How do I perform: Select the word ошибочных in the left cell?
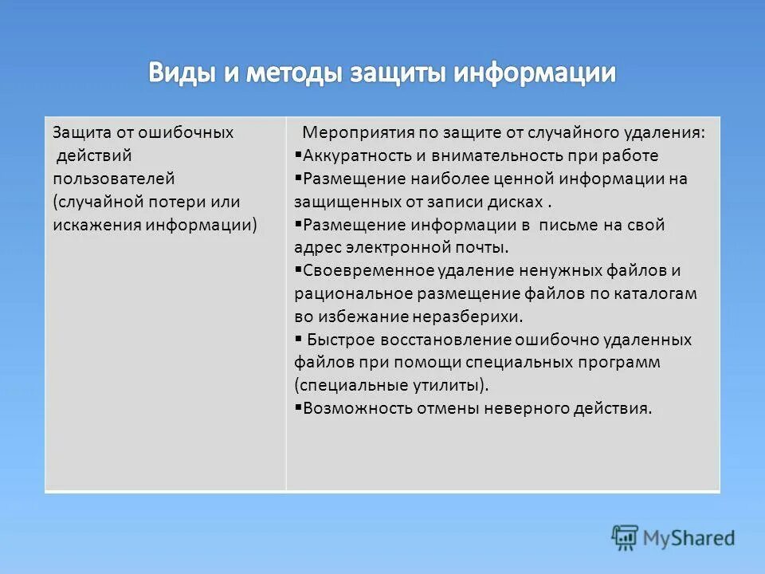click(x=190, y=132)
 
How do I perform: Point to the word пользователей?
click(x=114, y=179)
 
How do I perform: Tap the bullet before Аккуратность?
click(x=298, y=155)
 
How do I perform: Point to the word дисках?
click(x=520, y=202)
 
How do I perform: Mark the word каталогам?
click(x=655, y=293)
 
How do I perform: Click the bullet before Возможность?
click(x=298, y=408)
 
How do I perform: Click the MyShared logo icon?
click(x=626, y=537)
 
